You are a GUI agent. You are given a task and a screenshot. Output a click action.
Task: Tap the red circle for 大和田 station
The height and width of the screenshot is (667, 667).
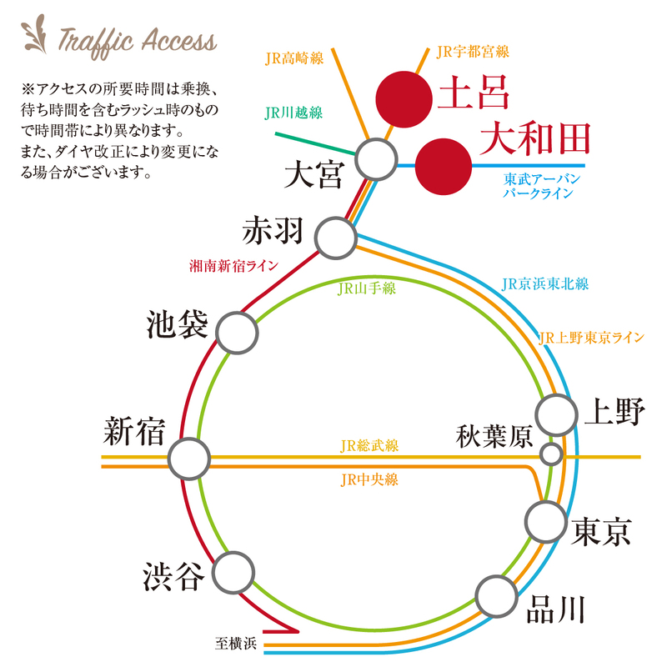[x=442, y=166]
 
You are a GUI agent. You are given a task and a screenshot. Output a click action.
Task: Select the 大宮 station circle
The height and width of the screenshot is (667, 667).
[x=376, y=158]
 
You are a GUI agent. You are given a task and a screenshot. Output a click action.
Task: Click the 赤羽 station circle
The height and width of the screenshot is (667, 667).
[x=336, y=237]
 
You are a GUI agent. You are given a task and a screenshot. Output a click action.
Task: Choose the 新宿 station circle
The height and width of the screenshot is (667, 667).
[x=188, y=458]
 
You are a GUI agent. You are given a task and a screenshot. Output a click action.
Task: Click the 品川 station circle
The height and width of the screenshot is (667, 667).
[x=496, y=596]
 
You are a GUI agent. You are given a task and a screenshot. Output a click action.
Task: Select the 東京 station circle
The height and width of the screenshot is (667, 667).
[x=546, y=521]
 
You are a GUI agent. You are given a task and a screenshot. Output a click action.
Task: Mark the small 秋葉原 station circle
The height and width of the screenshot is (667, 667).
[x=550, y=454]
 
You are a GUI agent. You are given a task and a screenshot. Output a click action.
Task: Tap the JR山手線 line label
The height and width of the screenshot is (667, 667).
[x=366, y=288]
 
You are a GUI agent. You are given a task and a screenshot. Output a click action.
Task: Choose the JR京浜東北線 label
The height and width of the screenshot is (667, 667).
[x=545, y=283]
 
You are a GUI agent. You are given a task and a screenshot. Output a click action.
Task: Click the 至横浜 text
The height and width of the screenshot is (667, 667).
[x=237, y=643]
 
